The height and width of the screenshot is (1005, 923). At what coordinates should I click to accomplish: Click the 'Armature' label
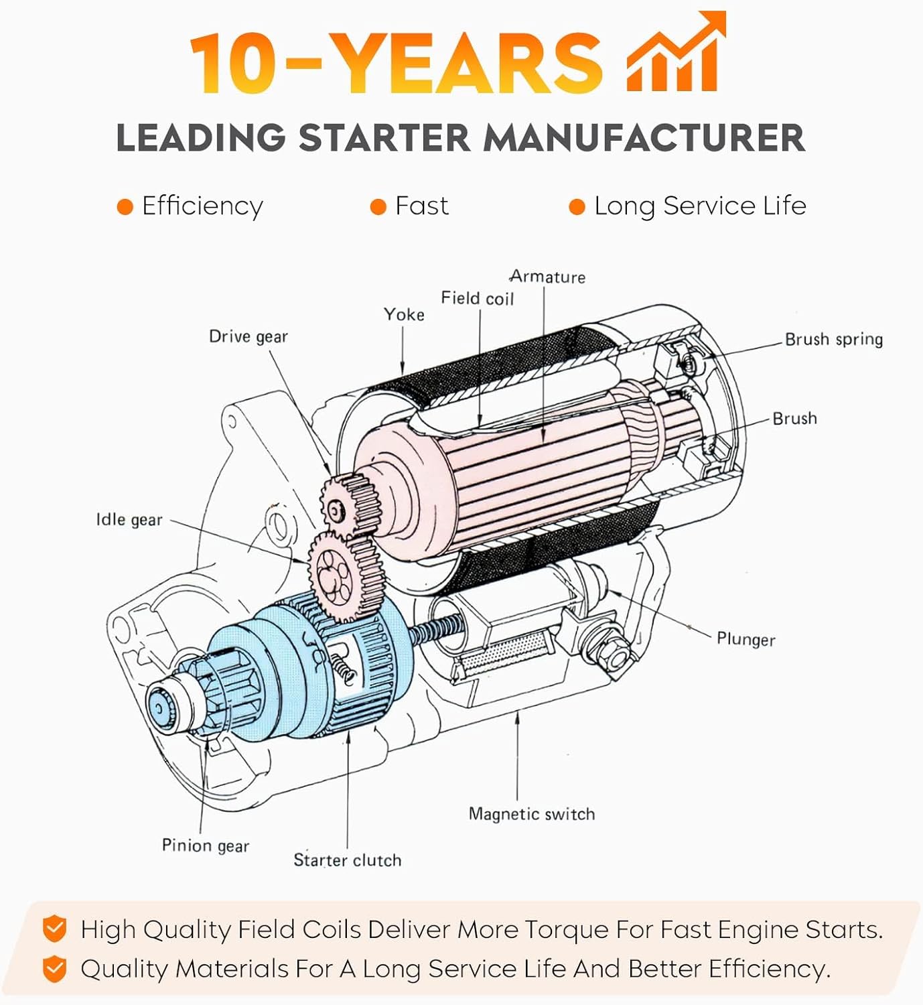tap(547, 277)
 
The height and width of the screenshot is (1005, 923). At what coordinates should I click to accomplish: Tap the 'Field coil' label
tap(477, 298)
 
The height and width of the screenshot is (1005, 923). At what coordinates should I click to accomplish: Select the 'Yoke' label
tap(404, 314)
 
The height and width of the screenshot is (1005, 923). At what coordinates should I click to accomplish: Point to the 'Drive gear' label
tap(248, 336)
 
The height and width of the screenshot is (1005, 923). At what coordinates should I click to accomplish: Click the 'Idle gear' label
tap(129, 520)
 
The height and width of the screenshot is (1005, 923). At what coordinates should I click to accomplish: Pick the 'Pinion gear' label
tap(206, 846)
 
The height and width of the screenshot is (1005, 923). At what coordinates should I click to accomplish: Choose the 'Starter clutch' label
tap(347, 860)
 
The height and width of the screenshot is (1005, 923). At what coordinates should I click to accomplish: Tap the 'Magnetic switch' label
tap(532, 814)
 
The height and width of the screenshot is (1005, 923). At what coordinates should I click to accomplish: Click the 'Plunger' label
tap(745, 639)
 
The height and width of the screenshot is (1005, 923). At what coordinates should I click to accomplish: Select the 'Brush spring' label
tap(833, 340)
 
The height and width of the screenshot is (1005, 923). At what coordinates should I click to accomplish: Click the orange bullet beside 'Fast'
tap(378, 207)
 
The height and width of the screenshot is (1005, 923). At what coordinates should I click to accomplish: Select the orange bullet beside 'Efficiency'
tap(125, 207)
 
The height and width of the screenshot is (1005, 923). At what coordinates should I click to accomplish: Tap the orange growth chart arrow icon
tap(675, 54)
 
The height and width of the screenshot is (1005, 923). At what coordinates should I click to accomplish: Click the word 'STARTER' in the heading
tap(384, 138)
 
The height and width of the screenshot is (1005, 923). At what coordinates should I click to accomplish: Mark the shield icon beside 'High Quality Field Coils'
tap(55, 930)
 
